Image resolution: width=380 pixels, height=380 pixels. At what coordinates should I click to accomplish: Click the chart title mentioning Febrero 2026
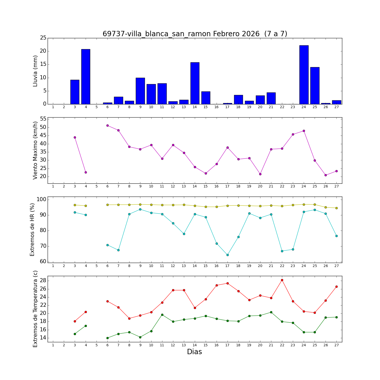click(195, 34)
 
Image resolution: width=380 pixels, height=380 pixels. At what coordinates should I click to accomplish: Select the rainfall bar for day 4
click(86, 77)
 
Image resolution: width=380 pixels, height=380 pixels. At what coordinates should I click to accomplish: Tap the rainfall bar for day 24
click(304, 75)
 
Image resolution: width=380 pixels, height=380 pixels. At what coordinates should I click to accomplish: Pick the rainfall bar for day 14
click(195, 83)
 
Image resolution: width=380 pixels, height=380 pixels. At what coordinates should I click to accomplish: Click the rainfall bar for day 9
click(140, 91)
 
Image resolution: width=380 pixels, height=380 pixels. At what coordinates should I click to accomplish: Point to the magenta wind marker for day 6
click(107, 125)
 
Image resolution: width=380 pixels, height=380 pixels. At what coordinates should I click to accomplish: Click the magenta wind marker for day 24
click(304, 131)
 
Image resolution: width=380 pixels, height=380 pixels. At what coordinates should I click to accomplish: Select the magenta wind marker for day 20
click(260, 174)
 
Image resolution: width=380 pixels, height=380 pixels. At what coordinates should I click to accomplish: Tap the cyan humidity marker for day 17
click(227, 255)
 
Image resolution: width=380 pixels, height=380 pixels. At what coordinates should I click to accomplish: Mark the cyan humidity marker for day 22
click(282, 251)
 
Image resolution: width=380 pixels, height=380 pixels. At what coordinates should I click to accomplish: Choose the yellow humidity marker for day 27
click(336, 208)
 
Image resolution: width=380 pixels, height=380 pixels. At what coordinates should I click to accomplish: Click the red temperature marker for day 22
click(282, 280)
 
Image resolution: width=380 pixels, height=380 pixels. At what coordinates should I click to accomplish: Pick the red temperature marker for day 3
click(75, 321)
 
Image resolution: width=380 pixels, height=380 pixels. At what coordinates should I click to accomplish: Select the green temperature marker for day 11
click(162, 315)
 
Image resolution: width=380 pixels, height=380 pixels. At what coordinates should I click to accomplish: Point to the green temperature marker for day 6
click(107, 338)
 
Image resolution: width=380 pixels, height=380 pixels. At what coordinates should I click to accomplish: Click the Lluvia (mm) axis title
click(35, 71)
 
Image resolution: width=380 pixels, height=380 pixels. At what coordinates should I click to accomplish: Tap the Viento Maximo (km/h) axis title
click(35, 150)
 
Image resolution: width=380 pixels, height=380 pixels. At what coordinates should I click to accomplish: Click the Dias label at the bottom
click(194, 352)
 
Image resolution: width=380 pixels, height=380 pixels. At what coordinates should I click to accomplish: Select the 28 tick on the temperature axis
click(43, 280)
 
